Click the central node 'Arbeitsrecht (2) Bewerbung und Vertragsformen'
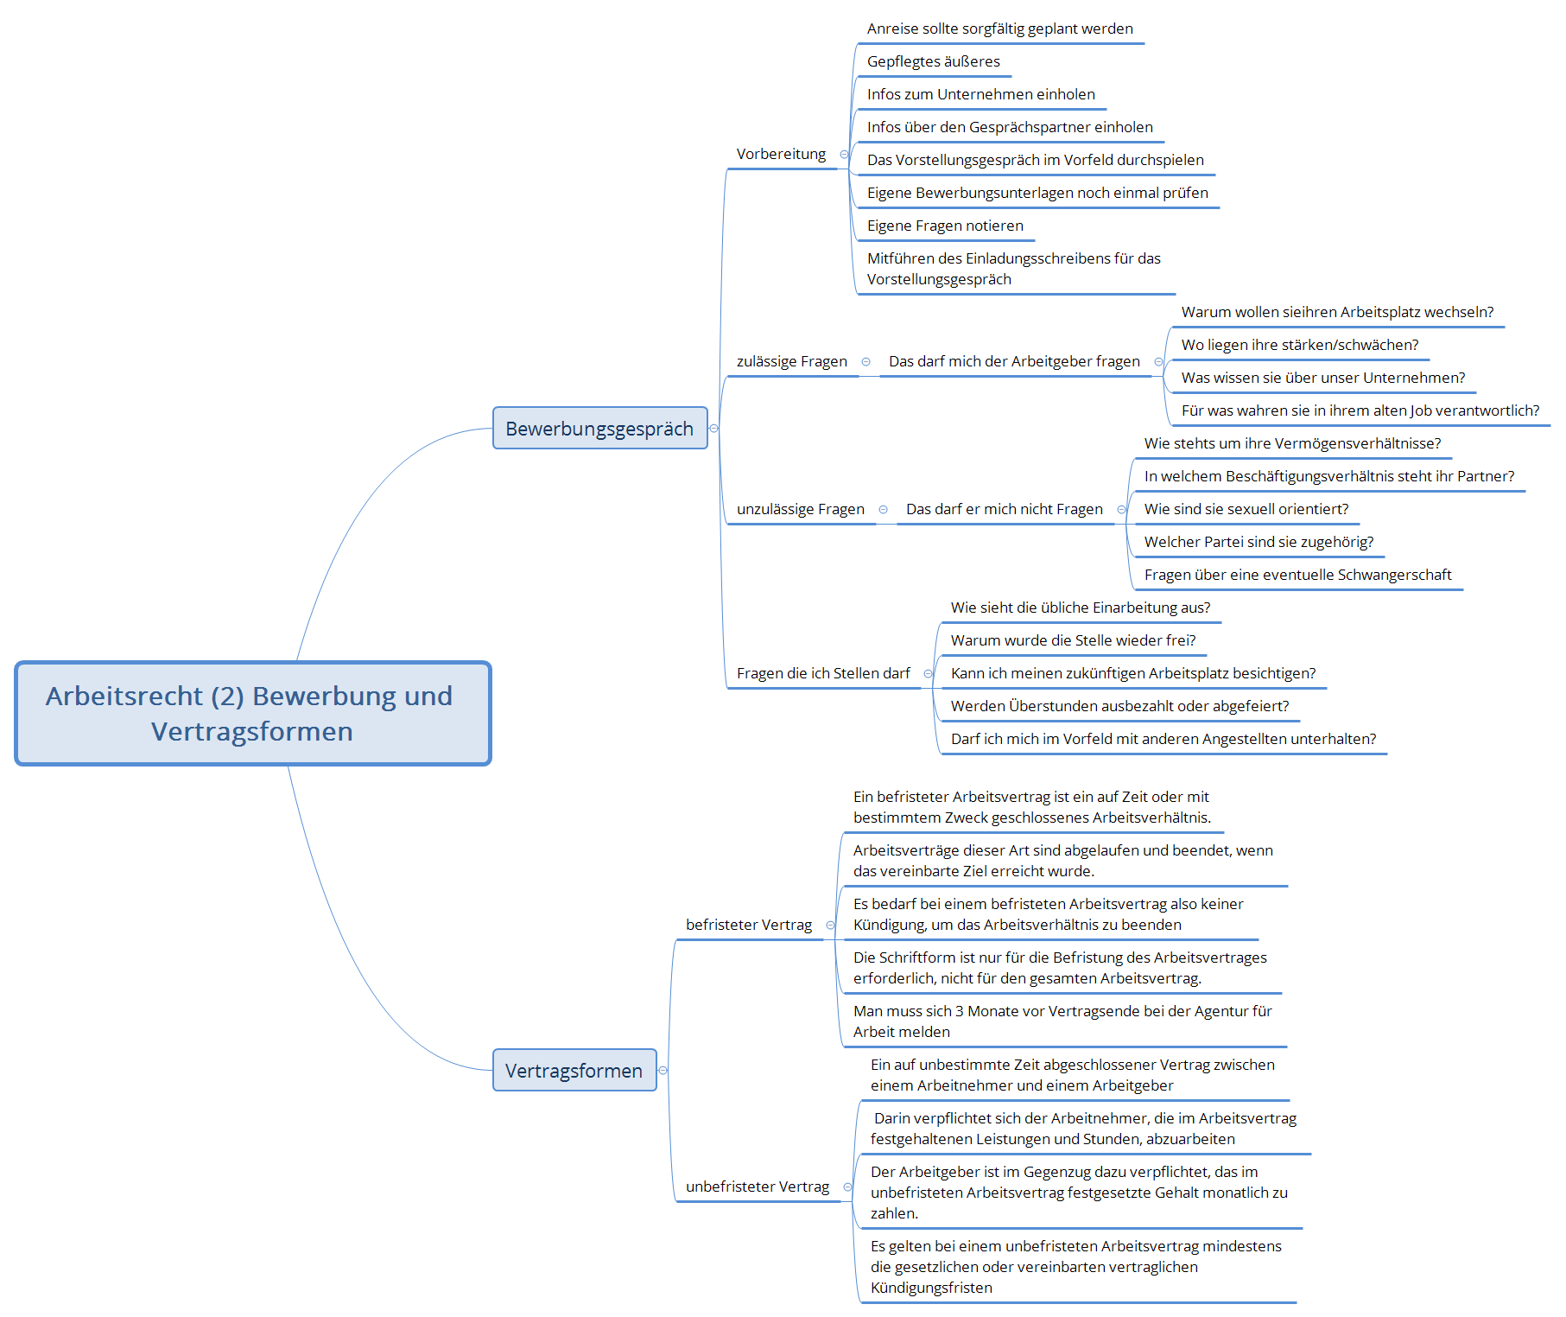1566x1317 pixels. pyautogui.click(x=253, y=714)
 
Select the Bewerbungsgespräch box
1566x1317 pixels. pyautogui.click(x=599, y=428)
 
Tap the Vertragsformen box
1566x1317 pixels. pyautogui.click(x=574, y=1070)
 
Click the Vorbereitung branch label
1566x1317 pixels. pyautogui.click(x=781, y=154)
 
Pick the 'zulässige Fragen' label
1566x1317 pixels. pyautogui.click(x=792, y=361)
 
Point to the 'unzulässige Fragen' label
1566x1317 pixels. pyautogui.click(x=801, y=509)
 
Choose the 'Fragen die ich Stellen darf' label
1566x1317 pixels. pyautogui.click(x=823, y=673)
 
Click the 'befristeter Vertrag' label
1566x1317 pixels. pyautogui.click(x=749, y=925)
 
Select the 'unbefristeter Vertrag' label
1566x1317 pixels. pyautogui.click(x=758, y=1187)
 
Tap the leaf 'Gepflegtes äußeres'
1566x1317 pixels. pyautogui.click(x=934, y=61)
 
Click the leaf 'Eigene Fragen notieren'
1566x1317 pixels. pyautogui.click(x=945, y=226)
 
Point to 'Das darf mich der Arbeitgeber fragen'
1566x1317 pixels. pyautogui.click(x=1014, y=361)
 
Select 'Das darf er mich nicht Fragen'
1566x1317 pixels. pyautogui.click(x=1005, y=509)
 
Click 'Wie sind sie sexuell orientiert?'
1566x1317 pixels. pyautogui.click(x=1246, y=509)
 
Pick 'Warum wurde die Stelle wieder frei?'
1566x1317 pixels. pyautogui.click(x=1074, y=640)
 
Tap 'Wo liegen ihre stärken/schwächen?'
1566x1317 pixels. pyautogui.click(x=1300, y=345)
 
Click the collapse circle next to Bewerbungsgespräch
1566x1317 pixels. pyautogui.click(x=713, y=428)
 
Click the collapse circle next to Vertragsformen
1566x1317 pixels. pyautogui.click(x=663, y=1070)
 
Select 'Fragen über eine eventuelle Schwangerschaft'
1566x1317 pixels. pyautogui.click(x=1298, y=575)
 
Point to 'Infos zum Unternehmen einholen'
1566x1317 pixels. pyautogui.click(x=981, y=94)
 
